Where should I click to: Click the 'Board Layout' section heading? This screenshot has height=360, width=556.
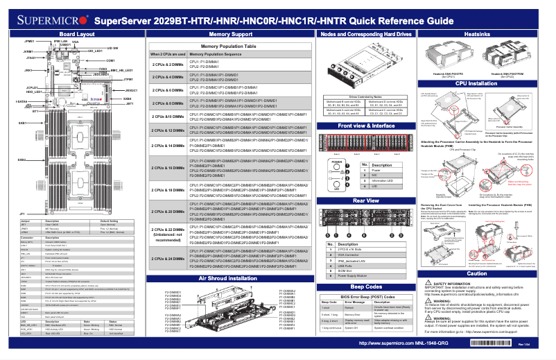coord(76,33)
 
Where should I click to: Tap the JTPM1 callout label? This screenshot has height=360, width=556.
coord(128,80)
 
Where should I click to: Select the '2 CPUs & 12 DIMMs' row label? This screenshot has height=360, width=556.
coord(168,130)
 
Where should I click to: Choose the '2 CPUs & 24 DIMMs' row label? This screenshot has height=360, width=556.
coord(168,258)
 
